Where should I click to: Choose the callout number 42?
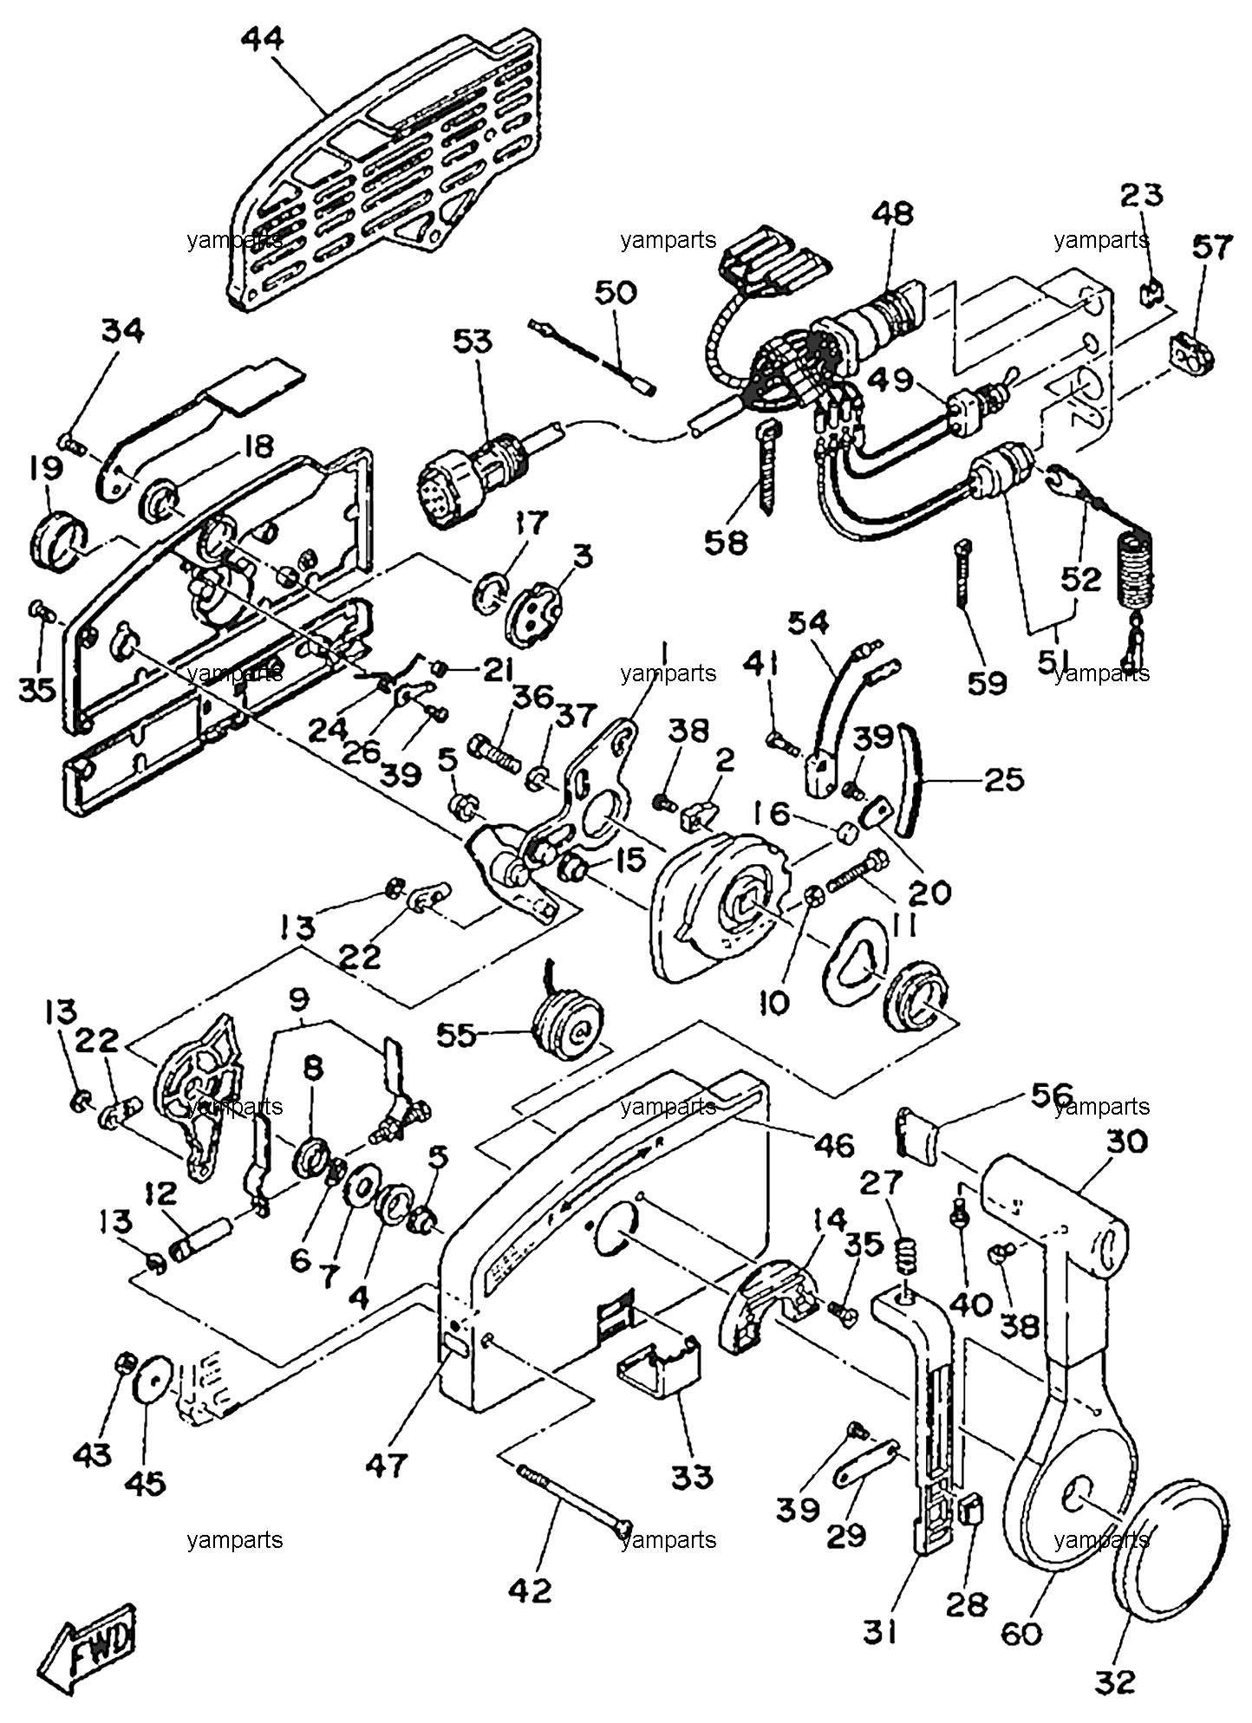(530, 1590)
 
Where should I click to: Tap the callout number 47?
(386, 1466)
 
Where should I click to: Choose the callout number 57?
(1210, 248)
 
